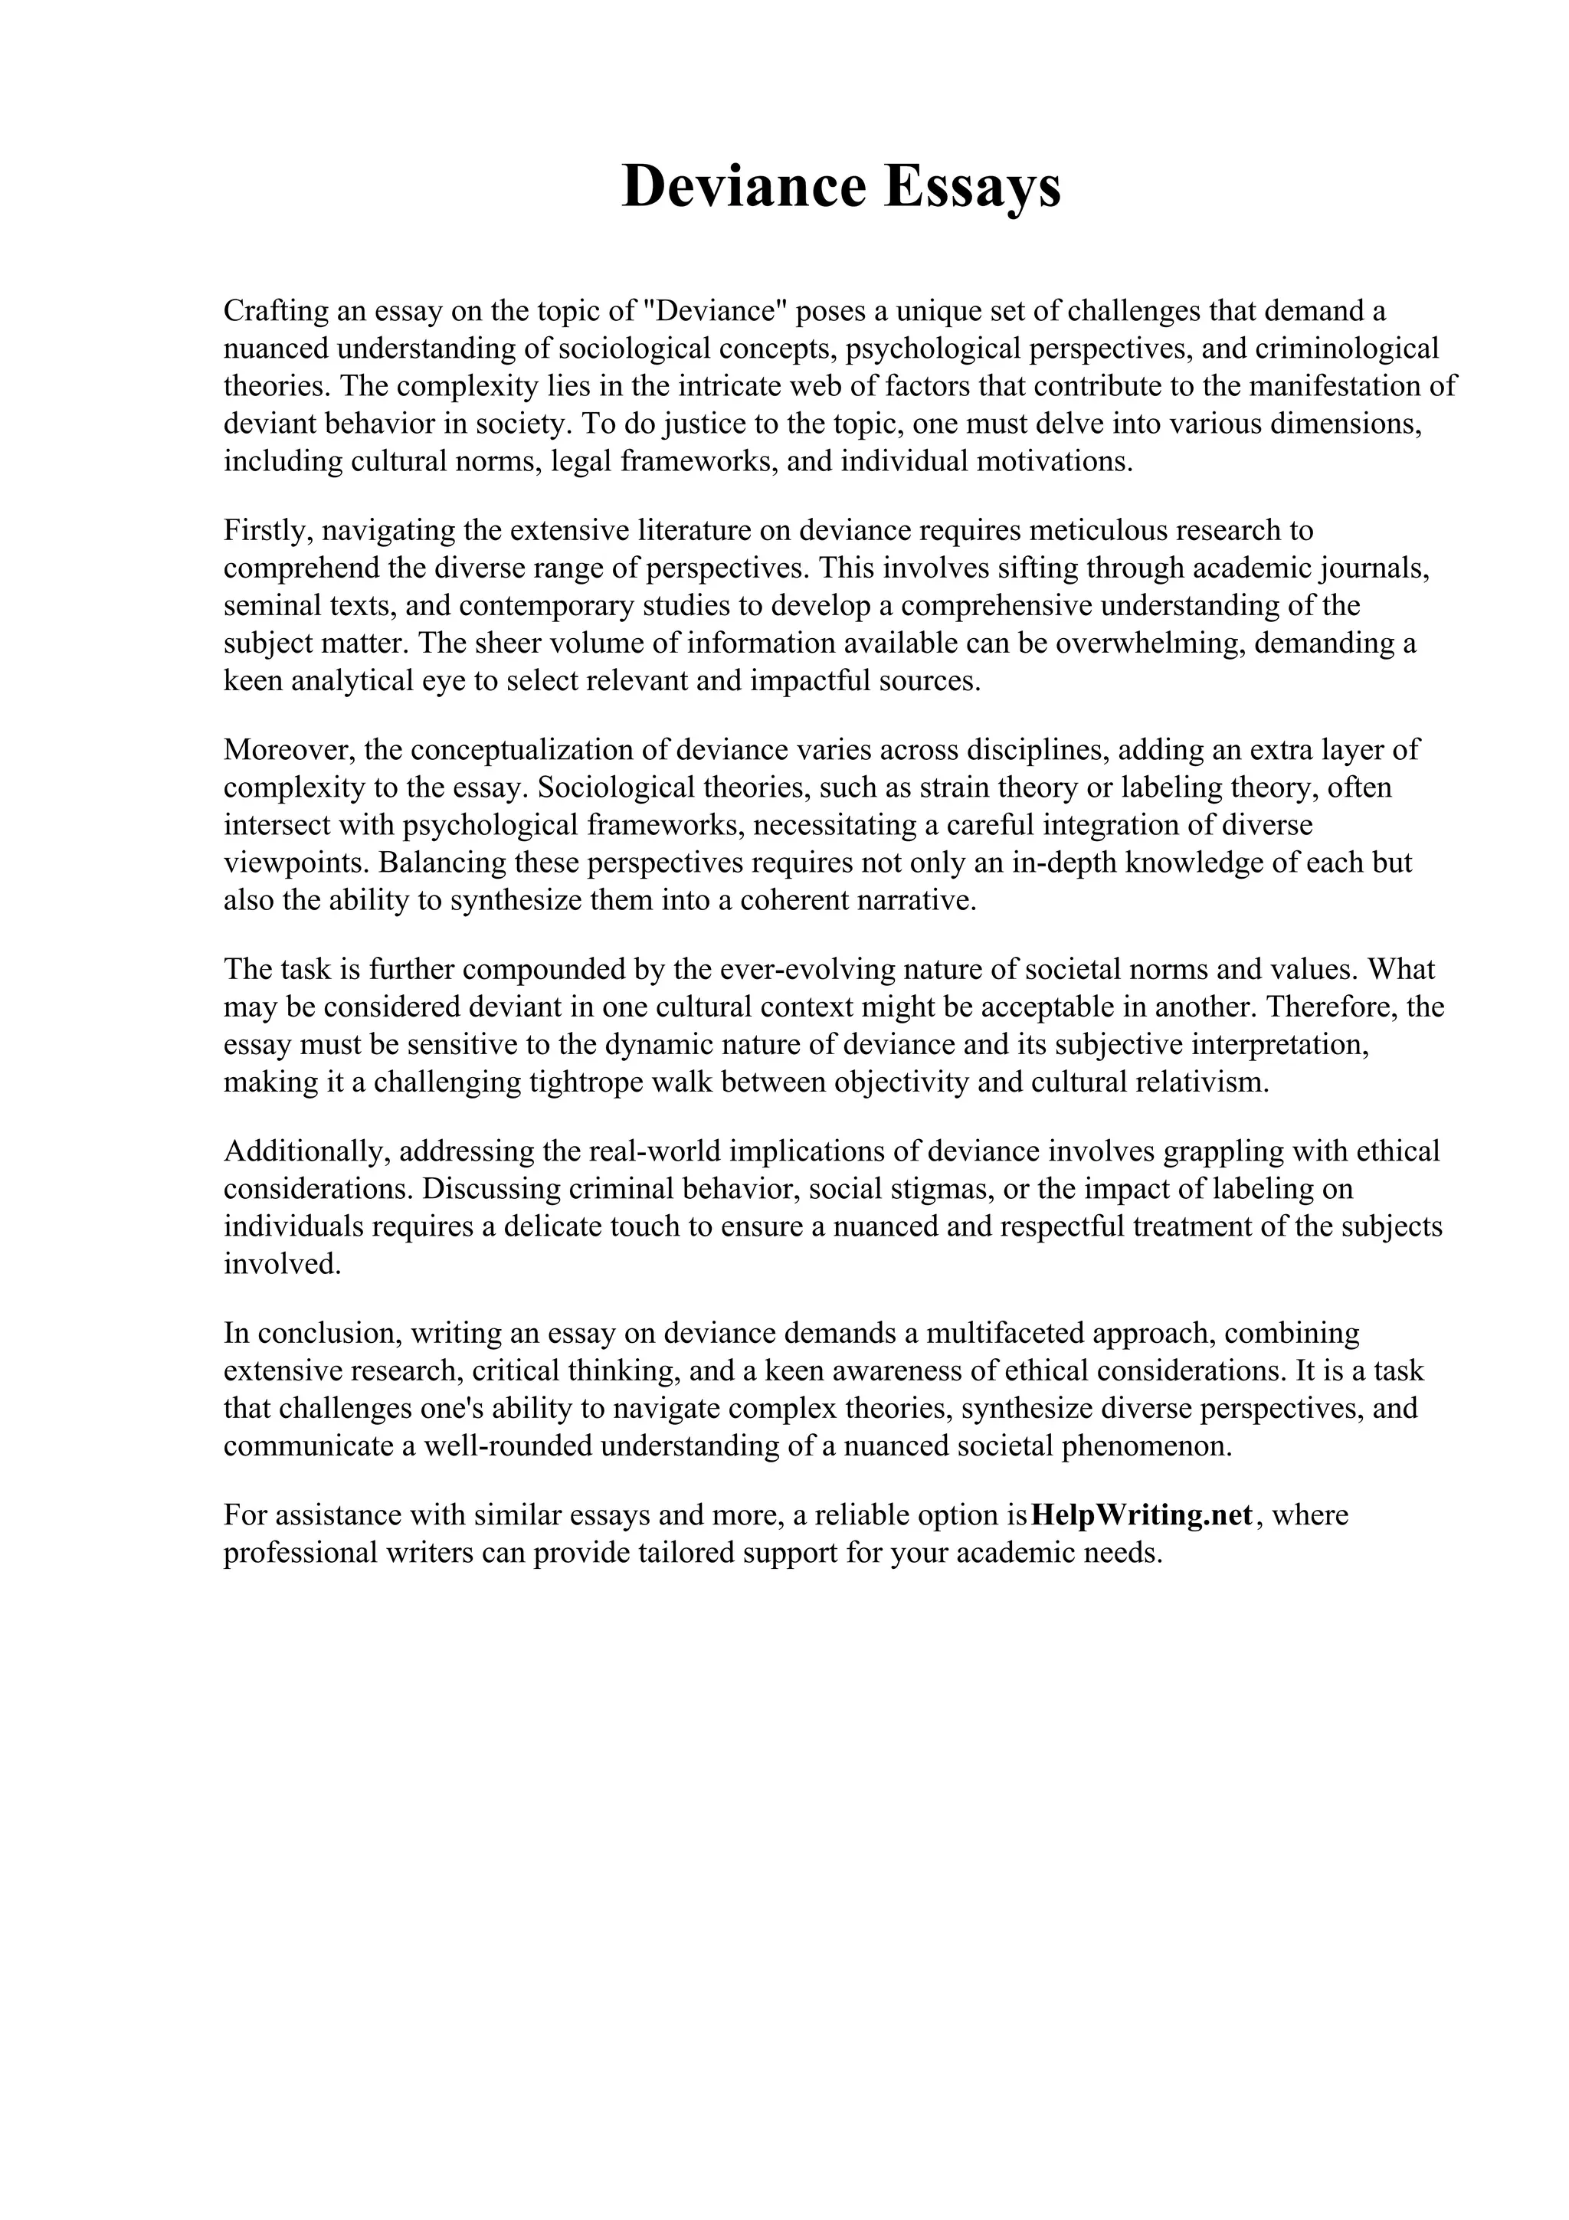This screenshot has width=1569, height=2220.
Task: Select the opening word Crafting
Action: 274,311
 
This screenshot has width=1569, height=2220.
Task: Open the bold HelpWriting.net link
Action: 1142,1515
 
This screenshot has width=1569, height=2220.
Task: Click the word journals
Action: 1373,568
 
